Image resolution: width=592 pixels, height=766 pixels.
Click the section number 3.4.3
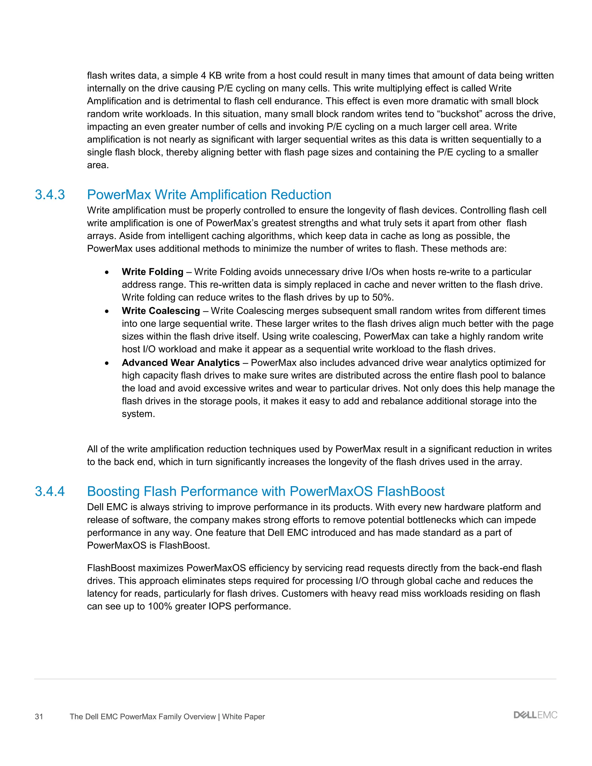(x=50, y=195)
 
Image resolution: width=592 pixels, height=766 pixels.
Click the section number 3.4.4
(x=50, y=491)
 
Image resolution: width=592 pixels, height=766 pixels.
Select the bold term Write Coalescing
(x=161, y=311)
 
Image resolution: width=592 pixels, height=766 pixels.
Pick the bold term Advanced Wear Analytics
(x=181, y=363)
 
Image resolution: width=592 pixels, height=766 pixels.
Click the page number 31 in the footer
(x=39, y=717)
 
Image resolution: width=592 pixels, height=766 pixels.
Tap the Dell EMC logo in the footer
(x=535, y=715)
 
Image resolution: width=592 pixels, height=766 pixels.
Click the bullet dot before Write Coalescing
(x=107, y=311)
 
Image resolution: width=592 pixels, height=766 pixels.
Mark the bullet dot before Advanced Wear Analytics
(x=107, y=363)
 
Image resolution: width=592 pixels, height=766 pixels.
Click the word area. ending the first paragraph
(x=98, y=165)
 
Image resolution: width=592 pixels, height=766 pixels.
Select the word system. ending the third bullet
(x=138, y=414)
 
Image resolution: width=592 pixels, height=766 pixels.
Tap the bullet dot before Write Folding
(x=107, y=273)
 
